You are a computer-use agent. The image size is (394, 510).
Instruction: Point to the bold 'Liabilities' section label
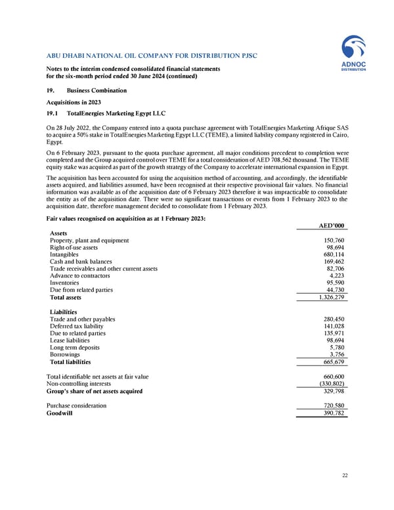[x=63, y=312]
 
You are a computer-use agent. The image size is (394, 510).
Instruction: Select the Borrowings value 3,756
[x=335, y=354]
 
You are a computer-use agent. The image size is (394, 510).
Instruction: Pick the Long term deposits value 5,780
[x=335, y=346]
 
